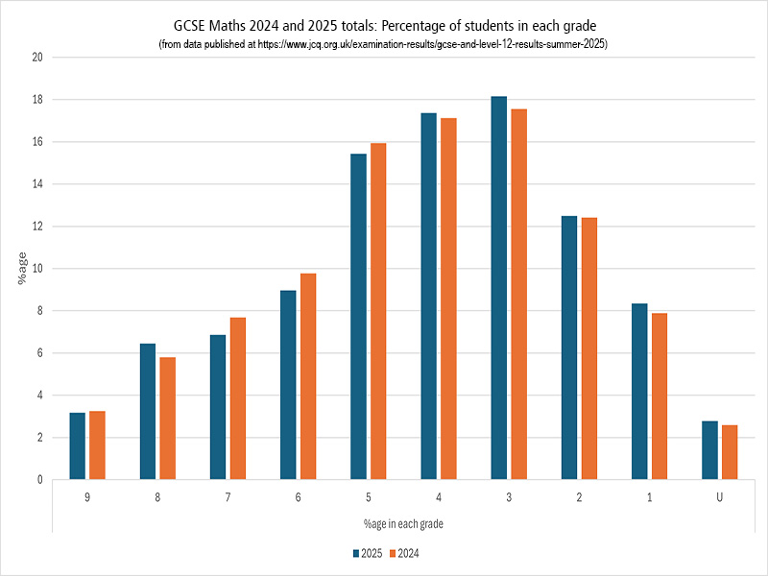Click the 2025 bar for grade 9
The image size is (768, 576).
tap(77, 445)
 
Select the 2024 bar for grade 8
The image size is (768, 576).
tap(168, 418)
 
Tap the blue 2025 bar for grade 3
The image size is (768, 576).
tap(498, 288)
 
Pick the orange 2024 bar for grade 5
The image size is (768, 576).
tap(378, 311)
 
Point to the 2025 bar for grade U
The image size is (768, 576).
tap(709, 450)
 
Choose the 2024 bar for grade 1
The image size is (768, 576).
tap(660, 396)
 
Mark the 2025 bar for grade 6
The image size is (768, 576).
tap(288, 384)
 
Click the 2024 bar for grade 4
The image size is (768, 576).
tap(448, 299)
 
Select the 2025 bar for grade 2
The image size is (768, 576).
tap(569, 348)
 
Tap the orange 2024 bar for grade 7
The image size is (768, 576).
tap(238, 398)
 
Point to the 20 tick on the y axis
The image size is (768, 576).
tap(38, 58)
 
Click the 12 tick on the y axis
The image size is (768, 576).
tap(38, 227)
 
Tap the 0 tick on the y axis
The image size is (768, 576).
tap(41, 479)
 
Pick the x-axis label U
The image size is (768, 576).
tap(719, 497)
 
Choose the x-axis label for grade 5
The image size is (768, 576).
tap(369, 497)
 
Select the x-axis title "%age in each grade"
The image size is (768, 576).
tap(403, 524)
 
